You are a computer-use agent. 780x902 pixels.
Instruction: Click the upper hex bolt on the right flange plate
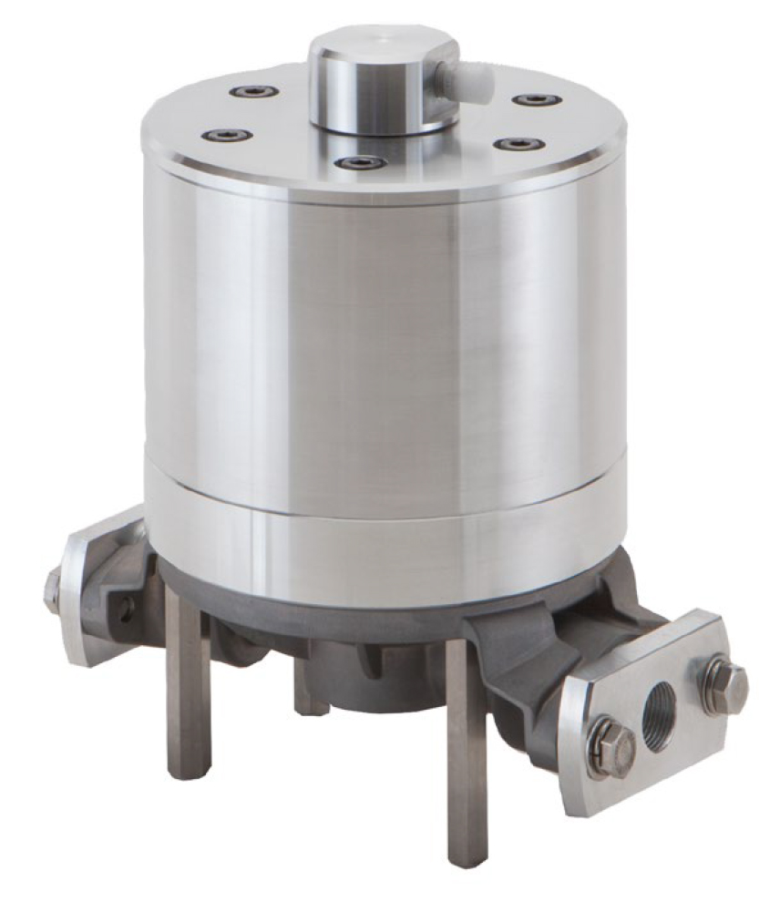pyautogui.click(x=725, y=682)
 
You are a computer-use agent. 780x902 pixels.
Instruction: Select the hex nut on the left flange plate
pyautogui.click(x=53, y=590)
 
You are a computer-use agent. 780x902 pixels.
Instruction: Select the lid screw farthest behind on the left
pyautogui.click(x=252, y=91)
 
